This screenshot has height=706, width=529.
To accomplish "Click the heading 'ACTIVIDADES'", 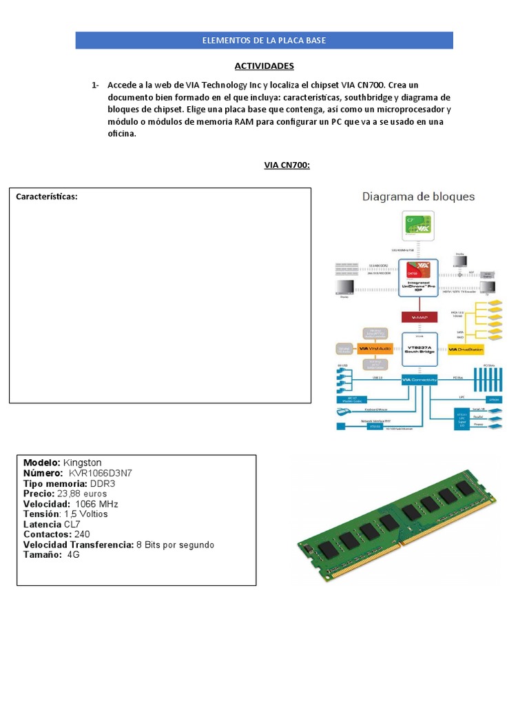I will click(264, 65).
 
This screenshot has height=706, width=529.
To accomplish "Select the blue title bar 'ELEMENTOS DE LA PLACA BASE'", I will click(264, 41).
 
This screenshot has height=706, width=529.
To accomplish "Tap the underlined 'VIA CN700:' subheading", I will click(287, 165).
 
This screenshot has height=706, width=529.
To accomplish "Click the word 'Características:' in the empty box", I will click(47, 197).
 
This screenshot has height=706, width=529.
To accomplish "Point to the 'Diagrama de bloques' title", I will click(419, 196).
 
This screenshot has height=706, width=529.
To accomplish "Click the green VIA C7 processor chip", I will click(419, 226).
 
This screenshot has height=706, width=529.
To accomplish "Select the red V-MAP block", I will click(419, 317).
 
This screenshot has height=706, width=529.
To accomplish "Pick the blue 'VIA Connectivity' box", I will click(419, 379).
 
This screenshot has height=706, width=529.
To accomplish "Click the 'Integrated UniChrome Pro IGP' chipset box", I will click(419, 277).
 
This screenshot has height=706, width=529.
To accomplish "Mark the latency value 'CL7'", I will click(72, 524).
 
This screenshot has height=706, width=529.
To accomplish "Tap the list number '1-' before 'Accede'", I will click(95, 85).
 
